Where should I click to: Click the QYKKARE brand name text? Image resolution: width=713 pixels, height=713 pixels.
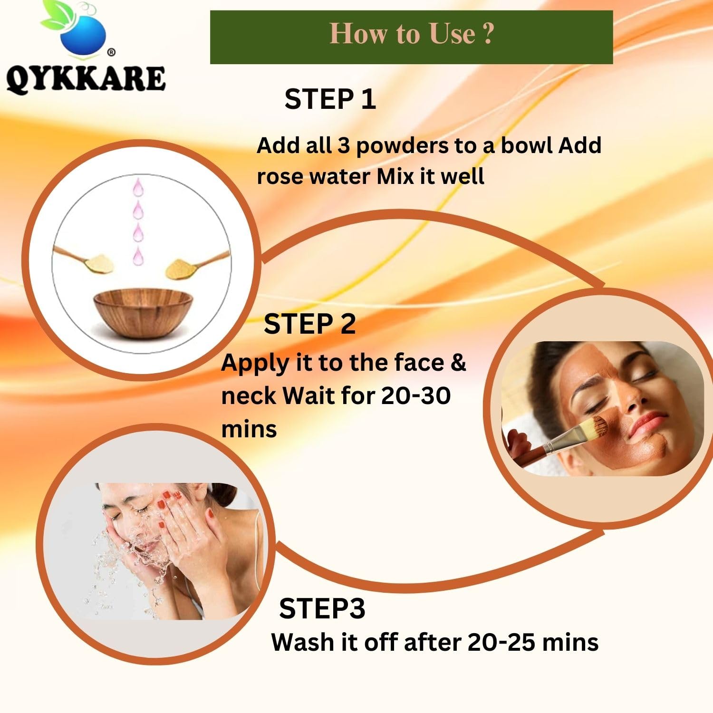(x=86, y=78)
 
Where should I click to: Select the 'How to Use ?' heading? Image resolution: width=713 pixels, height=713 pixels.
(x=412, y=34)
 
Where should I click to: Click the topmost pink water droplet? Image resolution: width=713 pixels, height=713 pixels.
(x=138, y=187)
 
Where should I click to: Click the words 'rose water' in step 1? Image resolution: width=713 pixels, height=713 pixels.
(x=313, y=176)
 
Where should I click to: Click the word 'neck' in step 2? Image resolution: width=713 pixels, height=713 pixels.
(x=249, y=395)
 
